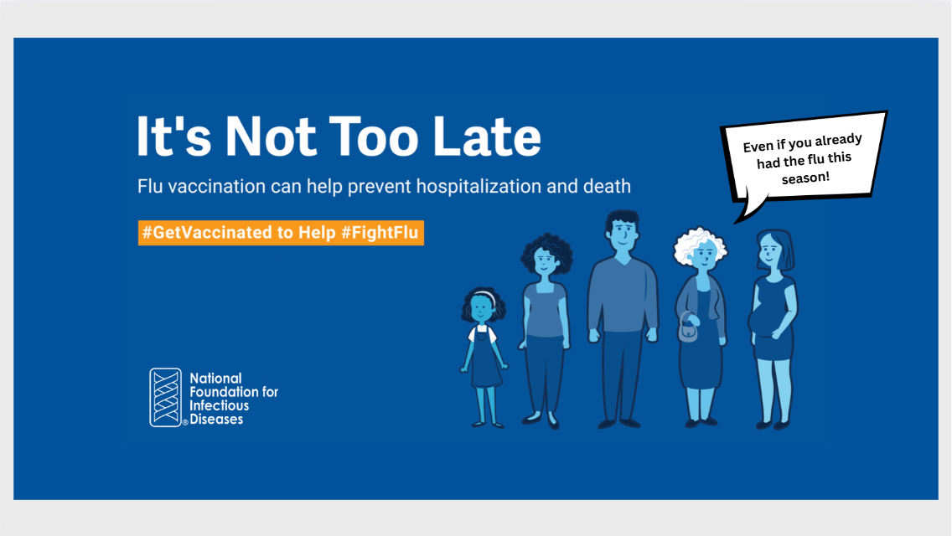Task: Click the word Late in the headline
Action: [x=486, y=136]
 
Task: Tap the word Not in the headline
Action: [x=271, y=136]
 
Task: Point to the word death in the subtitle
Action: [x=607, y=186]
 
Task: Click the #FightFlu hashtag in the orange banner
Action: [x=380, y=233]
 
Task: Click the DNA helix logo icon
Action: [x=166, y=398]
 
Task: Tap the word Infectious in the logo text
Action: [x=220, y=405]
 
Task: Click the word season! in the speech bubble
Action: [x=805, y=178]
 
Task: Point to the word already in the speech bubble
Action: [x=838, y=141]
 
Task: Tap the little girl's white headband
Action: [x=484, y=296]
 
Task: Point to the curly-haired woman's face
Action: [x=545, y=261]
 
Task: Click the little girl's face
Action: [x=482, y=310]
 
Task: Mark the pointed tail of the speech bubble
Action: [x=736, y=222]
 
